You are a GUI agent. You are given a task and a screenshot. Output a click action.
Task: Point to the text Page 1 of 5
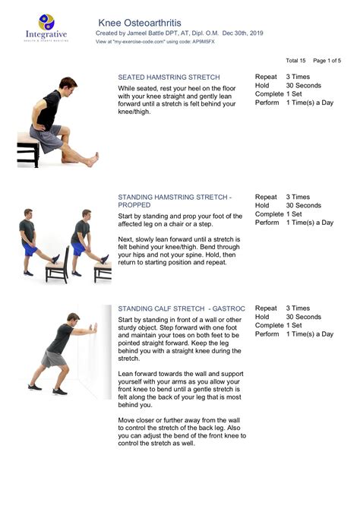tap(327, 60)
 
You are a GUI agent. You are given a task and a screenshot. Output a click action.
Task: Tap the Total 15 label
tap(295, 60)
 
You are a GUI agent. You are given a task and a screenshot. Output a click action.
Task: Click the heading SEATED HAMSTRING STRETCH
tap(169, 77)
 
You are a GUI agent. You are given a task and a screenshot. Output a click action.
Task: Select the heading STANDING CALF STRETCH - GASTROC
tap(182, 308)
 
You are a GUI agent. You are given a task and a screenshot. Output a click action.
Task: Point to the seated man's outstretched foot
tap(92, 160)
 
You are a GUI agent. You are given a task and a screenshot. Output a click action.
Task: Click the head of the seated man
tap(68, 84)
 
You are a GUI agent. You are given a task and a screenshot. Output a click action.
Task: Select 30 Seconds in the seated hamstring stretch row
tap(303, 86)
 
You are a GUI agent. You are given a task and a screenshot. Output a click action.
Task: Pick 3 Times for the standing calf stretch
tap(298, 308)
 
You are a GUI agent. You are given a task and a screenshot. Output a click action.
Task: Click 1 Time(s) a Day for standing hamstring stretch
tap(309, 223)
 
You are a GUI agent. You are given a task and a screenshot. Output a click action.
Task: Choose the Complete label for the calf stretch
tap(269, 325)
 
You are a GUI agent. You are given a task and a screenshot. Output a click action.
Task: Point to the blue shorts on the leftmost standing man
tap(30, 248)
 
